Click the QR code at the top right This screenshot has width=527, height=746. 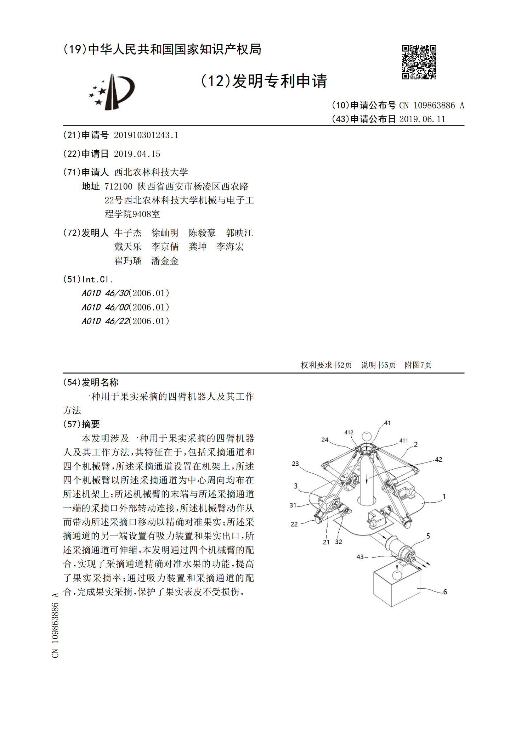coord(419,62)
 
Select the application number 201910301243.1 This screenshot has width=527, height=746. coord(146,135)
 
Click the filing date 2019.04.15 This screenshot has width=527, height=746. coord(137,154)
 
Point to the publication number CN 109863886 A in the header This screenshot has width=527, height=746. coord(431,106)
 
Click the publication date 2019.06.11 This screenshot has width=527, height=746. coord(422,119)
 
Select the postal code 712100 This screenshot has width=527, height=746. coord(118,186)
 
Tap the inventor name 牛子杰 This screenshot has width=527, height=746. coord(128,233)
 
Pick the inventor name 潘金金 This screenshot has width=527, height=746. coord(165,261)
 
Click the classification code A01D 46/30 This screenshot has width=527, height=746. coord(105,293)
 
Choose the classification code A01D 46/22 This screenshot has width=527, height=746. coord(105,321)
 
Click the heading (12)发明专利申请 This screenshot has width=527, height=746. coord(264,81)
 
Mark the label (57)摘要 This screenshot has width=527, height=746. coord(81,424)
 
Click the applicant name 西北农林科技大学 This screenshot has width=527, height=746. coord(151,173)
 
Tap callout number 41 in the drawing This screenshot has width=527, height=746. coord(387,423)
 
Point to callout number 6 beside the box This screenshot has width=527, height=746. coord(445,592)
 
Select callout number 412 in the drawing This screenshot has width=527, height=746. coord(349,432)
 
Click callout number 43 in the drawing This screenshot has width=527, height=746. coord(360,557)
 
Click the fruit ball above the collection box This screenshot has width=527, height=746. coord(397,575)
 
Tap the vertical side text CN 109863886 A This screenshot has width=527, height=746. coord(55,625)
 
